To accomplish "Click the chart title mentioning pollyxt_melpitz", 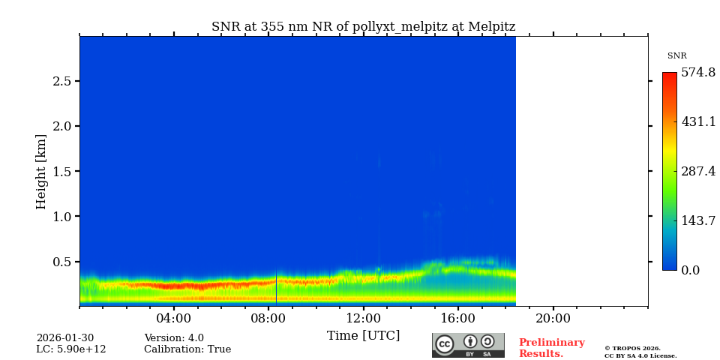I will pos(363,27).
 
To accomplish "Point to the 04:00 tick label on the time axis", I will pos(174,318).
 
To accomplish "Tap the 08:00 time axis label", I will pos(268,318).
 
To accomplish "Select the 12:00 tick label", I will pos(364,318).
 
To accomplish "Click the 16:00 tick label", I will pos(458,318).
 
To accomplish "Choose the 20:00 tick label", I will pos(553,318).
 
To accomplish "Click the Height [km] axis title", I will pos(41,171).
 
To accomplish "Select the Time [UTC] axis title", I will pos(363,335).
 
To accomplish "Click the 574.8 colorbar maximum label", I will pos(697,73).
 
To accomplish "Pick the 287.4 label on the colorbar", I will pos(697,171).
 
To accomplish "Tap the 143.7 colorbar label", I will pos(697,220).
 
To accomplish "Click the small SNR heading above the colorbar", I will pos(676,56).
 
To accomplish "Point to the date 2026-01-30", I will pos(65,338).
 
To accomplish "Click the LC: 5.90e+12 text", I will pos(71,349).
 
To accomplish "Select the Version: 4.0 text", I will pos(174,338).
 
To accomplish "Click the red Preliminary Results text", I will pos(551,348).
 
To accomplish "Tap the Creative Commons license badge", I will pos(468,345).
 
